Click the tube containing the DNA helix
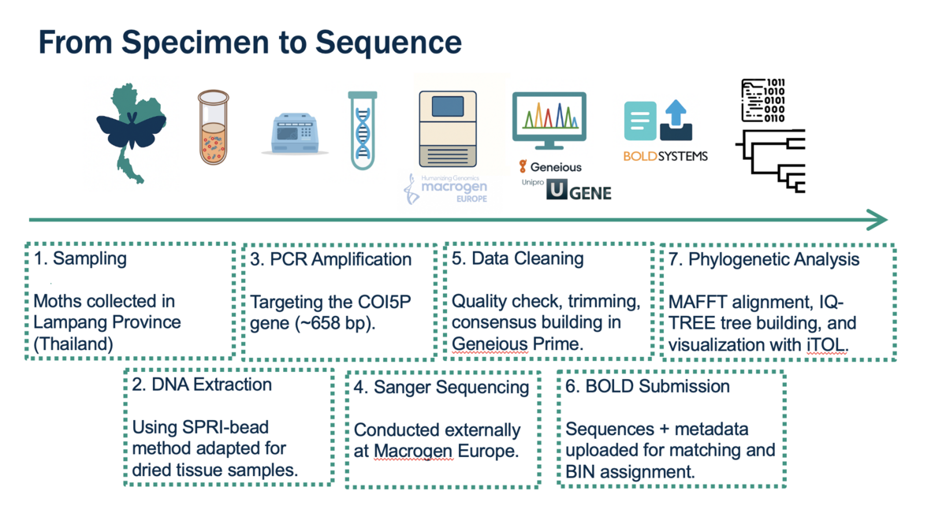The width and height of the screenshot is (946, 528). [363, 130]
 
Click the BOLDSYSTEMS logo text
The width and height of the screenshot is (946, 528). [665, 156]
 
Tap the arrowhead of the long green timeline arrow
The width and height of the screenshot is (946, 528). [877, 220]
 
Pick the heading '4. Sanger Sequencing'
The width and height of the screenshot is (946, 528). [441, 387]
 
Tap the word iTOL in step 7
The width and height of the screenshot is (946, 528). [825, 344]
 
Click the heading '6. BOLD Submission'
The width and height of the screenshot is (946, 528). [647, 386]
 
